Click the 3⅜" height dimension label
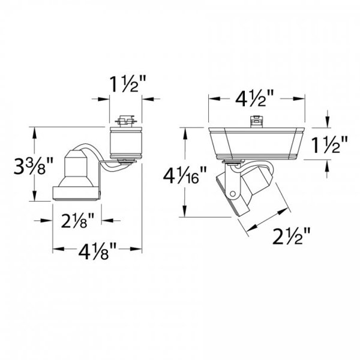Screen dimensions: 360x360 (x=33, y=165)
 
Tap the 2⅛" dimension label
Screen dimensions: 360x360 (x=77, y=220)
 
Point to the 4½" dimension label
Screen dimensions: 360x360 (x=255, y=98)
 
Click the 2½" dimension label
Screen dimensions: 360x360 (x=292, y=236)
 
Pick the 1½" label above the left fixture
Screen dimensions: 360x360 (x=128, y=84)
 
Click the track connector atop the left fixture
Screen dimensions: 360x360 (x=126, y=121)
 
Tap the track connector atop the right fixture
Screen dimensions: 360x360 (x=256, y=121)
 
